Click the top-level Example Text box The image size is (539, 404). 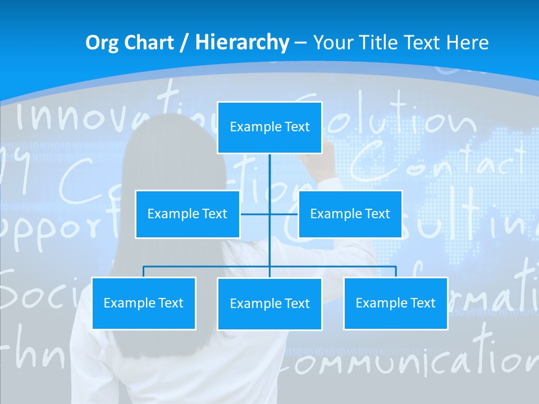tap(269, 127)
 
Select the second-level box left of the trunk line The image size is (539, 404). tap(188, 214)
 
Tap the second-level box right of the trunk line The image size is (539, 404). tap(350, 214)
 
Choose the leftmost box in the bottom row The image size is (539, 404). tap(144, 303)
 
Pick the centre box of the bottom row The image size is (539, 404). tap(269, 304)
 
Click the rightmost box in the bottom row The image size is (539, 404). tap(395, 303)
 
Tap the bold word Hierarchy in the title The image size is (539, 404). tap(241, 43)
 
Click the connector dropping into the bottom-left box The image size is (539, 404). tap(144, 272)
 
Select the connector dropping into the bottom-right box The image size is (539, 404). tap(395, 272)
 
